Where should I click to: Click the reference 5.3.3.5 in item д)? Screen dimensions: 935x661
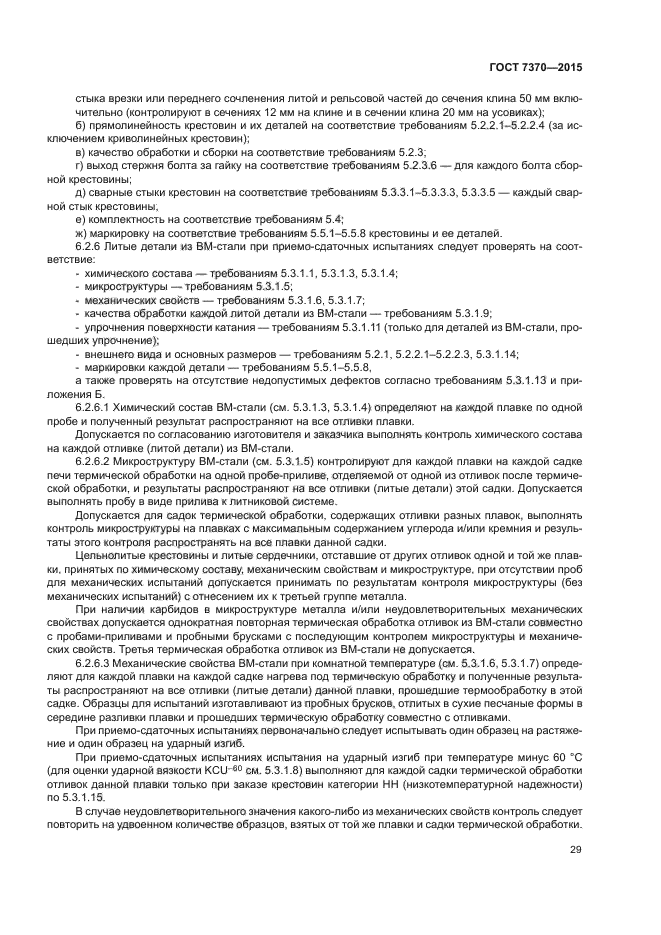[488, 188]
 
